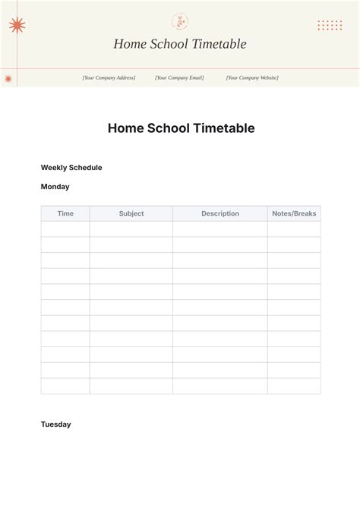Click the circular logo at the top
[180, 21]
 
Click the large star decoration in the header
[17, 26]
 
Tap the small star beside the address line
[8, 78]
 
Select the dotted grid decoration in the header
[330, 25]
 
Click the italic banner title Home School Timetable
[180, 44]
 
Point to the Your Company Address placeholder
[109, 77]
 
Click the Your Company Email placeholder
[180, 77]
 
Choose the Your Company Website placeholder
[252, 77]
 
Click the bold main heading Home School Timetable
[181, 128]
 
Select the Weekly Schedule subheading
[71, 168]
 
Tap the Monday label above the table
[55, 187]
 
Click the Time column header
[65, 213]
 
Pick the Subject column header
[131, 213]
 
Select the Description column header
[220, 213]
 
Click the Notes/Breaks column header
[294, 213]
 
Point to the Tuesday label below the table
[56, 424]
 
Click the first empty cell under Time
[65, 229]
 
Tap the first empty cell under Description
[220, 229]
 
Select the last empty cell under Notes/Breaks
[294, 386]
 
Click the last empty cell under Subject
[131, 386]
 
